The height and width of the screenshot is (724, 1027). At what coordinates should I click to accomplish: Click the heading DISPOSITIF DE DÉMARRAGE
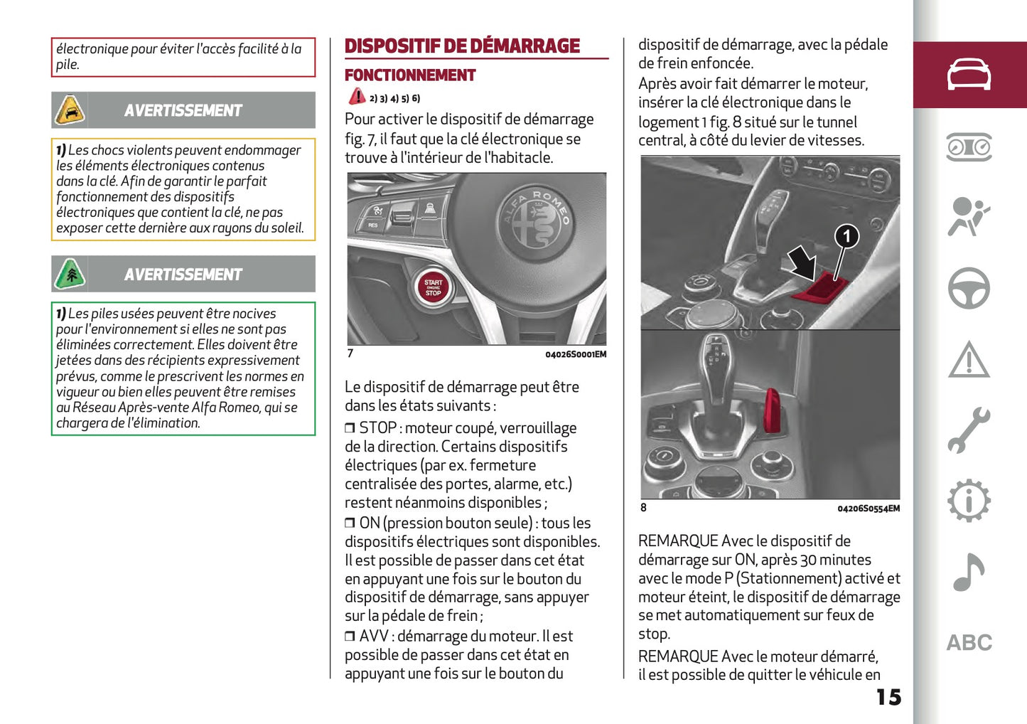tap(462, 46)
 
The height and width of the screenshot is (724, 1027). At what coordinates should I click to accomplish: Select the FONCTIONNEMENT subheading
tap(410, 75)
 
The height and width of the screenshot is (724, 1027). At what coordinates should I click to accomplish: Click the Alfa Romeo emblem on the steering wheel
tap(536, 216)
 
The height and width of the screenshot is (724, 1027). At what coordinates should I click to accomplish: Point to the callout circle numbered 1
tap(846, 236)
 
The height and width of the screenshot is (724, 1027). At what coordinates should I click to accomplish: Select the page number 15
tap(888, 697)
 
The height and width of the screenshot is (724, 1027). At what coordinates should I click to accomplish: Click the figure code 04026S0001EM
tap(576, 354)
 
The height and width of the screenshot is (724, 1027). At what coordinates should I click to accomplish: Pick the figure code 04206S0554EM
tap(868, 509)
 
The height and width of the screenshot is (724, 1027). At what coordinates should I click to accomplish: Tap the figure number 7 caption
tap(350, 353)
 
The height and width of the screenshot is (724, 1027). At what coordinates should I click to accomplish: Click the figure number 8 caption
tap(644, 508)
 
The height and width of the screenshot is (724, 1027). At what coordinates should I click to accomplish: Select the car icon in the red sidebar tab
tap(969, 75)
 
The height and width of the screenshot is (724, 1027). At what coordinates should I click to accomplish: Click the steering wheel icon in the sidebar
tap(969, 288)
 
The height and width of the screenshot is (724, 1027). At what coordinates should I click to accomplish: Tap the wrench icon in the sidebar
tap(969, 430)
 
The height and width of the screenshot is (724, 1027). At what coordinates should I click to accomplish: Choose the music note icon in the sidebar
tap(969, 573)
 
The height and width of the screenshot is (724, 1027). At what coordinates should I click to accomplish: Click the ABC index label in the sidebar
tap(969, 643)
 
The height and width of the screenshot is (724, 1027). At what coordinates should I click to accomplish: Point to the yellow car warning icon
tap(70, 110)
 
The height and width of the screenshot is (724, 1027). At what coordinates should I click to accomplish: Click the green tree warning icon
tap(70, 274)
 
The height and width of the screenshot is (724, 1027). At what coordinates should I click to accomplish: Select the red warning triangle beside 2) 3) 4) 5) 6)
tap(357, 97)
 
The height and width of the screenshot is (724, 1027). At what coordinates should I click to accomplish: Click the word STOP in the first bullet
tap(377, 428)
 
